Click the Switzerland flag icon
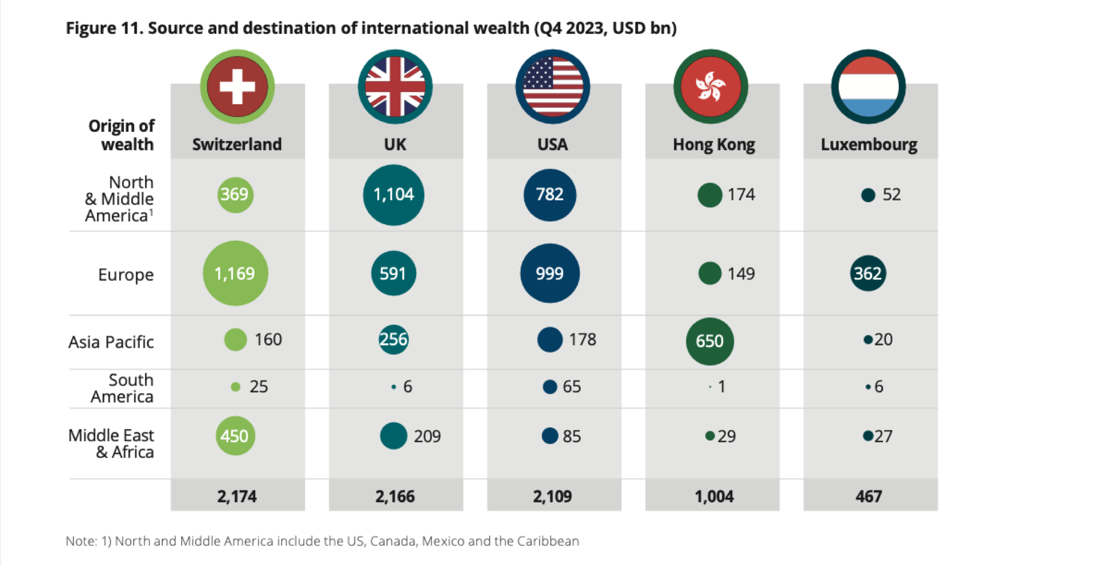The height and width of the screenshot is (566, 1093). [x=237, y=87]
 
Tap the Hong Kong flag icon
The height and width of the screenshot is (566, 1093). [x=711, y=87]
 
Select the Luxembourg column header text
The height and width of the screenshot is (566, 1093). [x=869, y=144]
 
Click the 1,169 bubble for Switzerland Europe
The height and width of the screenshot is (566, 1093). [x=235, y=273]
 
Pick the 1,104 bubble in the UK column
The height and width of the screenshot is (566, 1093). [x=393, y=195]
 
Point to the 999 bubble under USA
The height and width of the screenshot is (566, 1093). [x=550, y=273]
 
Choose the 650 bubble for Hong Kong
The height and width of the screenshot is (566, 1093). [x=709, y=341]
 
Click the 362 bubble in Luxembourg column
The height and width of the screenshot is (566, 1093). [x=868, y=273]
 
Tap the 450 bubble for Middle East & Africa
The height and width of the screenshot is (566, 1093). [x=235, y=436]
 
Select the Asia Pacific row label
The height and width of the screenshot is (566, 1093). [x=111, y=342]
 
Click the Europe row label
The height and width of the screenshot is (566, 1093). [x=126, y=274]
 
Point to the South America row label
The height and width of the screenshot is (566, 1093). [x=122, y=388]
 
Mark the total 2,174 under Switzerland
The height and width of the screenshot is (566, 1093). [x=237, y=496]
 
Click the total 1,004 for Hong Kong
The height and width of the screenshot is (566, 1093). [x=714, y=496]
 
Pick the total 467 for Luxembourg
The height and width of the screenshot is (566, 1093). [x=869, y=496]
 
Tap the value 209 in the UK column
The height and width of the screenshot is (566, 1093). [x=427, y=437]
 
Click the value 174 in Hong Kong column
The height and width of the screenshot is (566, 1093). [x=741, y=195]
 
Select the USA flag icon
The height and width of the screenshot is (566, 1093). [x=553, y=87]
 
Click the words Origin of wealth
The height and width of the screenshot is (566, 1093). [x=122, y=135]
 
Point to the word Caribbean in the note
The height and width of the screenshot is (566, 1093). [x=548, y=541]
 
